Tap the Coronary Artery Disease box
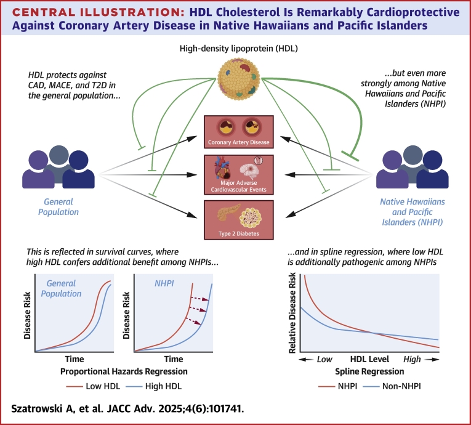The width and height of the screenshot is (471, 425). [239, 132]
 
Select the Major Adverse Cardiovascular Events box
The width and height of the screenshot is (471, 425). [239, 175]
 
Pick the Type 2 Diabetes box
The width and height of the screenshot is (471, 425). [239, 220]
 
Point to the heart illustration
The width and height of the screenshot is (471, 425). [223, 168]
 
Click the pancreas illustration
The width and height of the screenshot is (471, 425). [228, 212]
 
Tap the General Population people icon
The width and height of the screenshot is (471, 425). [58, 167]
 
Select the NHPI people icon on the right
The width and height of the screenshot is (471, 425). [413, 167]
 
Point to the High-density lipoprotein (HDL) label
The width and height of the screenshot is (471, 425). [239, 49]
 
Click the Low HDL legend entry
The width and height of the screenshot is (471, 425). [93, 386]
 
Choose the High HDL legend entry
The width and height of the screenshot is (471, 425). [154, 386]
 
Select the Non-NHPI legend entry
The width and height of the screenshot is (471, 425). [392, 386]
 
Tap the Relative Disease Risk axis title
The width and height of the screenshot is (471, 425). [292, 312]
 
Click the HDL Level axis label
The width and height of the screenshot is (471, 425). [369, 359]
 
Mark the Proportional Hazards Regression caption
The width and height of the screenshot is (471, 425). [124, 371]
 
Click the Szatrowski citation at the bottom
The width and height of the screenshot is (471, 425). [127, 409]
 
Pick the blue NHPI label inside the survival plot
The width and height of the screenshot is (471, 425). [164, 283]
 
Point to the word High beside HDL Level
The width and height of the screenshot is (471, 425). [412, 359]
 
